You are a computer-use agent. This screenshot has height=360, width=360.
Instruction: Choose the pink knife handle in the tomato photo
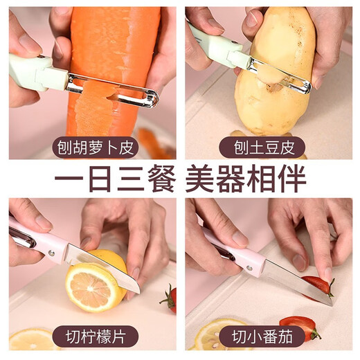pyautogui.click(x=235, y=253)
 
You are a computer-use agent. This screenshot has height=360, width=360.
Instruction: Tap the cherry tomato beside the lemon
pyautogui.click(x=170, y=299)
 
